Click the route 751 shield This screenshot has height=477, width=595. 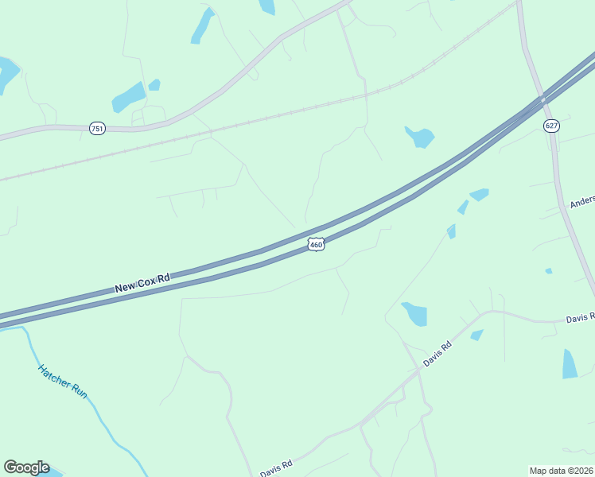[97, 129]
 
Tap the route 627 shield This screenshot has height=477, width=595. [551, 126]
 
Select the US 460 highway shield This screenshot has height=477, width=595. [316, 245]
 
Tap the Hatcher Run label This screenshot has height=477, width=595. [62, 382]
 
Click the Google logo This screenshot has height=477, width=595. [26, 467]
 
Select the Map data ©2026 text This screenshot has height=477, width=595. [561, 471]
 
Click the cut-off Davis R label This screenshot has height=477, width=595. [580, 318]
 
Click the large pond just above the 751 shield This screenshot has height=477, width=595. [128, 98]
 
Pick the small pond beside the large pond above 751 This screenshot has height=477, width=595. [154, 85]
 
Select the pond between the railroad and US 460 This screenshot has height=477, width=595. [419, 137]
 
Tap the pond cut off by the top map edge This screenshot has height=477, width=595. [266, 6]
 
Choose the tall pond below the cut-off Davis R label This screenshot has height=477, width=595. [570, 363]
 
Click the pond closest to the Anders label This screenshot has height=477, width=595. [479, 194]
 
